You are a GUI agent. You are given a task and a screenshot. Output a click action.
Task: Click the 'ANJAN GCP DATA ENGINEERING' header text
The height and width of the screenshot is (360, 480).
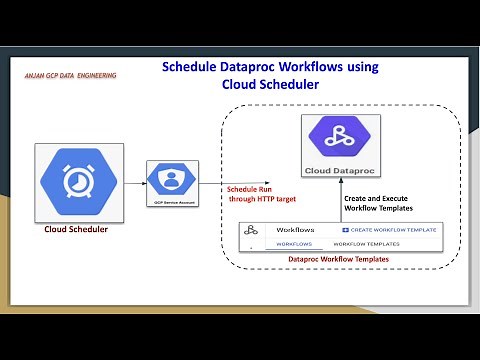click(70, 76)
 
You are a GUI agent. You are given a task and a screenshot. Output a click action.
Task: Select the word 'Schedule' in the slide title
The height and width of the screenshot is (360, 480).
click(194, 67)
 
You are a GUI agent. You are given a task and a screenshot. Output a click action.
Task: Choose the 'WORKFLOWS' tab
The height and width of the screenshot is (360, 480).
click(294, 244)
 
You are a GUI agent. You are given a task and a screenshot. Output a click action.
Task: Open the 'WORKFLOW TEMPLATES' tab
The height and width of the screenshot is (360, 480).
click(367, 244)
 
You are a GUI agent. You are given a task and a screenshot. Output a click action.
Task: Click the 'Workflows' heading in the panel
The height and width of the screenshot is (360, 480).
click(295, 229)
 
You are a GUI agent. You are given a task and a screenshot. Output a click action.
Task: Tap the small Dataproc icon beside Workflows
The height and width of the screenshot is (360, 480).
click(253, 230)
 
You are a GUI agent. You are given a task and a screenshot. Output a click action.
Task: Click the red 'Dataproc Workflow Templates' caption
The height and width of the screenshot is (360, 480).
click(338, 259)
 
